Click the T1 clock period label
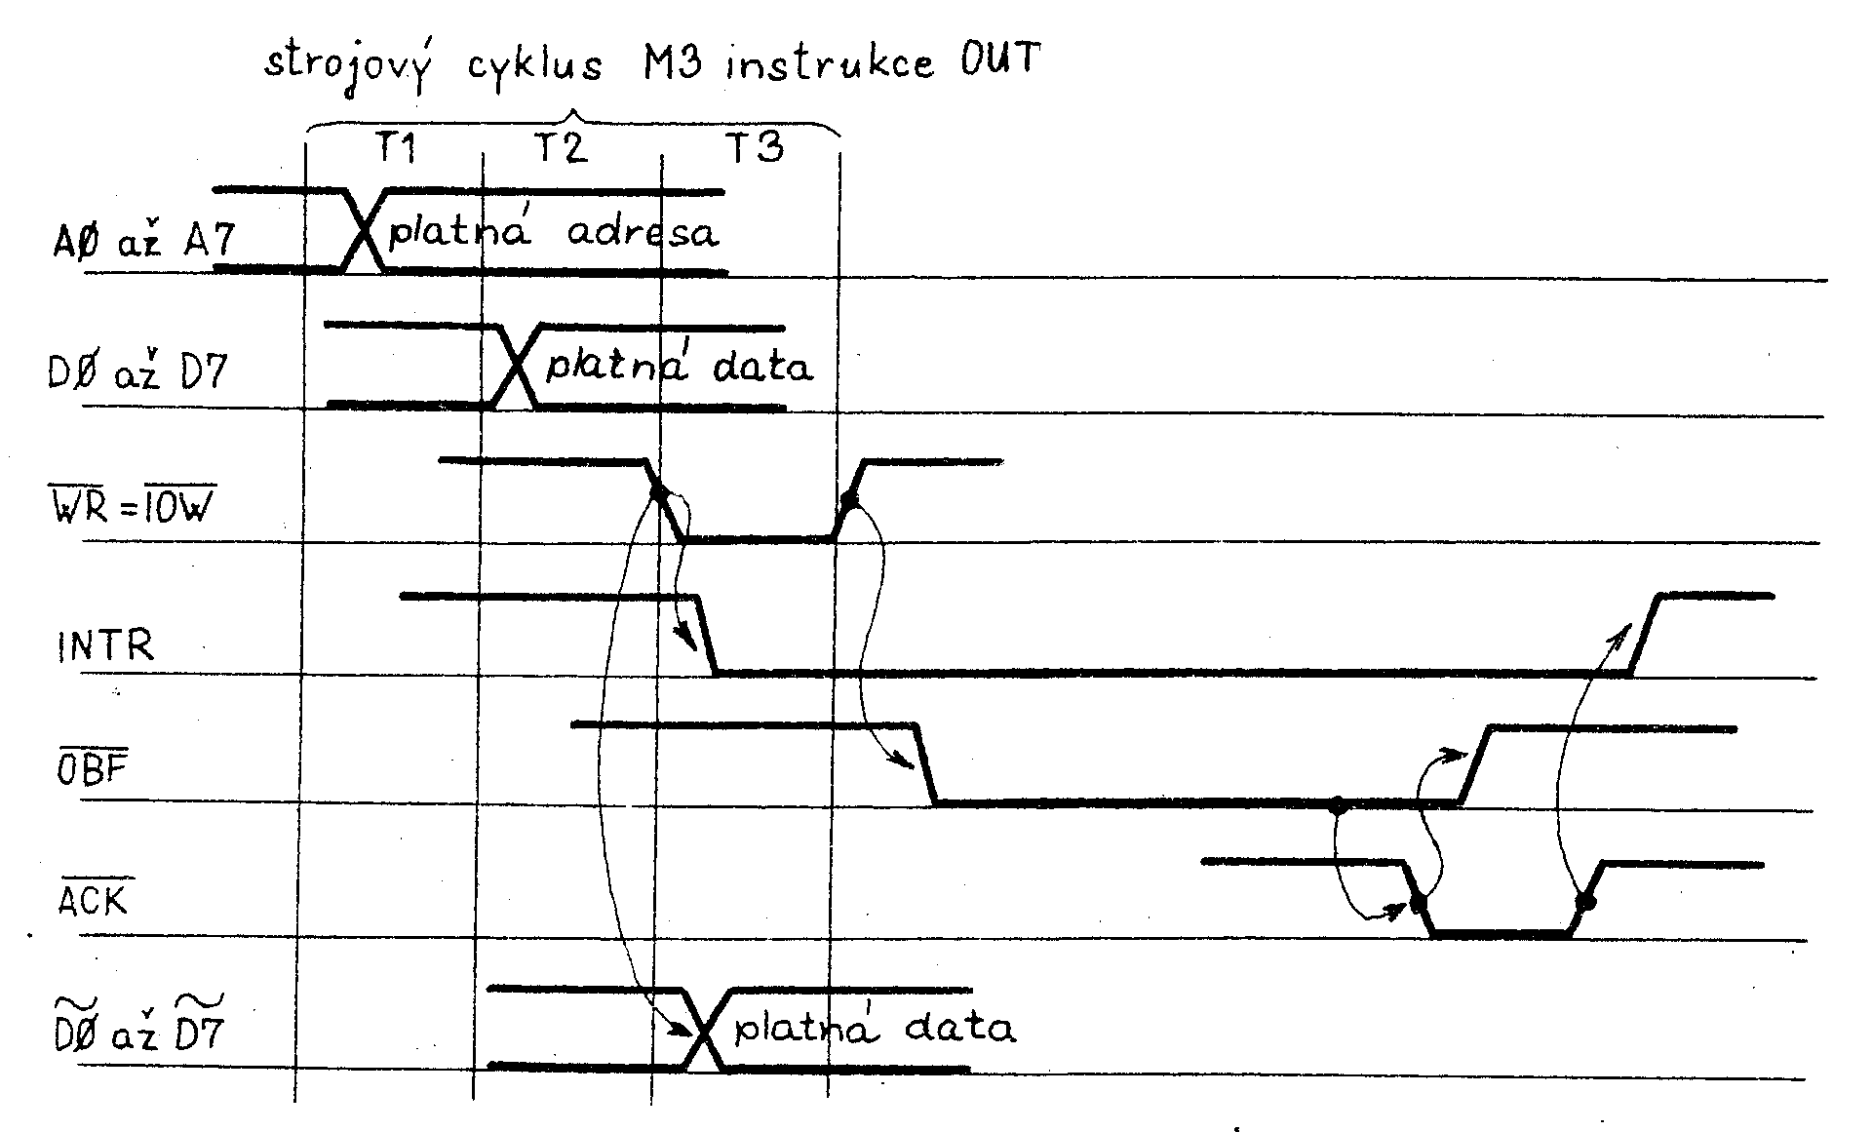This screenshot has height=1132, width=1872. coord(396,147)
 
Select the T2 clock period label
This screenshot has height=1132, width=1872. coord(561,147)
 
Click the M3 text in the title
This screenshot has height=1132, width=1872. coord(672,64)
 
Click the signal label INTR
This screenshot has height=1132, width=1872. coord(105,646)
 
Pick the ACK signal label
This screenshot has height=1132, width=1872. coord(94,899)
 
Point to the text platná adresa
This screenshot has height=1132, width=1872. coord(553,233)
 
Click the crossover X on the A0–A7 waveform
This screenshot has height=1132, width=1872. coord(363,229)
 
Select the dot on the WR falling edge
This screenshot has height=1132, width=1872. coord(658,493)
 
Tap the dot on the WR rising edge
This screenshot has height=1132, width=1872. coord(849,500)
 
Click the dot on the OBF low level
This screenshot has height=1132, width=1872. coord(1338,805)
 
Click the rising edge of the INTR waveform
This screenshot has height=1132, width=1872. coord(1647,634)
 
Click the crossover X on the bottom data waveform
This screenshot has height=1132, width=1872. coord(704,1030)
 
